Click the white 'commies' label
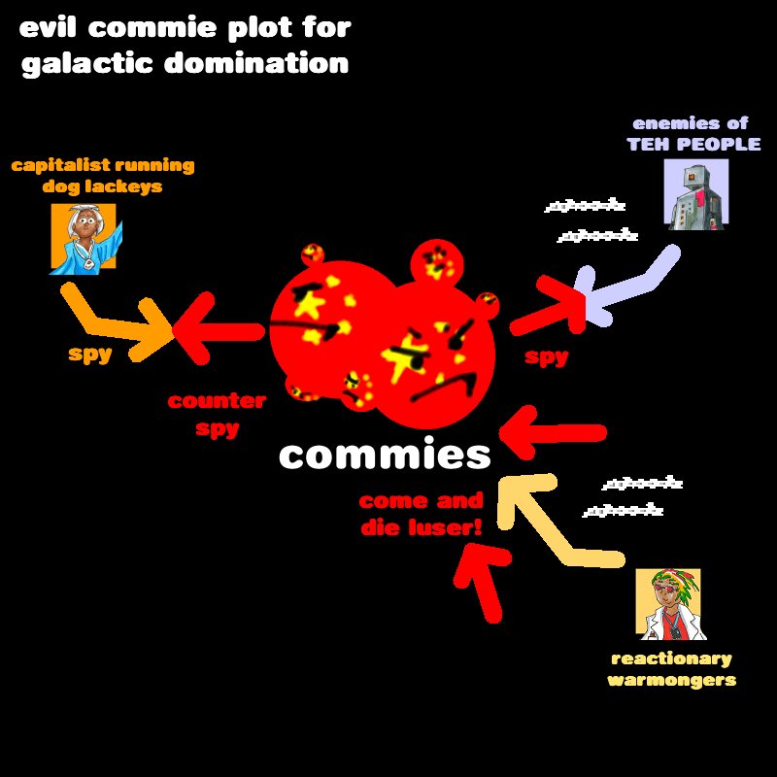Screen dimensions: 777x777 385,455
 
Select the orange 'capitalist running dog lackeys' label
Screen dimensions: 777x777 102,175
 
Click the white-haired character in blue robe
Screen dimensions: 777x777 84,238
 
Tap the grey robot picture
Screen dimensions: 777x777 695,194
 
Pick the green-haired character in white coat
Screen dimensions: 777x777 667,604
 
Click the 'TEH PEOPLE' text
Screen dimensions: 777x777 693,144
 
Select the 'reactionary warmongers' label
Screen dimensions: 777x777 671,669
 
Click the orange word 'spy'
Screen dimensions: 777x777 90,354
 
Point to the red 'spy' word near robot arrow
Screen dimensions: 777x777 546,357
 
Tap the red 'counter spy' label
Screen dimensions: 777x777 217,414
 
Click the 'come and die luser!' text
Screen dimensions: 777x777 421,515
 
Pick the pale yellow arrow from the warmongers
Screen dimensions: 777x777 554,524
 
